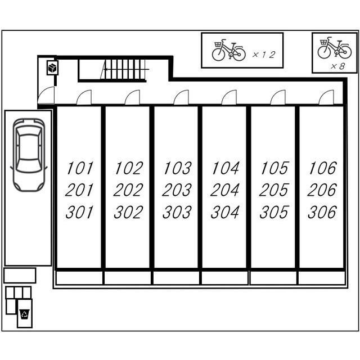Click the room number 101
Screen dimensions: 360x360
pyautogui.click(x=80, y=168)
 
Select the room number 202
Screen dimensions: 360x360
pyautogui.click(x=128, y=190)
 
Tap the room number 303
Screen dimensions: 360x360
pyautogui.click(x=177, y=212)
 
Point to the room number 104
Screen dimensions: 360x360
pyautogui.click(x=225, y=168)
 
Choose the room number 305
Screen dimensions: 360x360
pyautogui.click(x=274, y=212)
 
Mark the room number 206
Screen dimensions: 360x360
pyautogui.click(x=322, y=190)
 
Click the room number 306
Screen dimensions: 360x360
pyautogui.click(x=322, y=212)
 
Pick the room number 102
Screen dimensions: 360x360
pyautogui.click(x=129, y=168)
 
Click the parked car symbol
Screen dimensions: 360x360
pyautogui.click(x=29, y=155)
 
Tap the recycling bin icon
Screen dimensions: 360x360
pyautogui.click(x=25, y=314)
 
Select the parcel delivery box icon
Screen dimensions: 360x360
pyautogui.click(x=52, y=67)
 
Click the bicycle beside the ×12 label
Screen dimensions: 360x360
pyautogui.click(x=228, y=50)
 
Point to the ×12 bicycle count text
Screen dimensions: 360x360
pyautogui.click(x=264, y=55)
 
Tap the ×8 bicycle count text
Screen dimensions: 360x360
pyautogui.click(x=337, y=66)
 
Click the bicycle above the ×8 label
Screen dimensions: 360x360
pyautogui.click(x=335, y=47)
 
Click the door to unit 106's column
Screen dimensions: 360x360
pyautogui.click(x=326, y=97)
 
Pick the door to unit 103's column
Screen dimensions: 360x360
pyautogui.click(x=181, y=97)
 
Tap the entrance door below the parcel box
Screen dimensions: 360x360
pyautogui.click(x=46, y=95)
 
